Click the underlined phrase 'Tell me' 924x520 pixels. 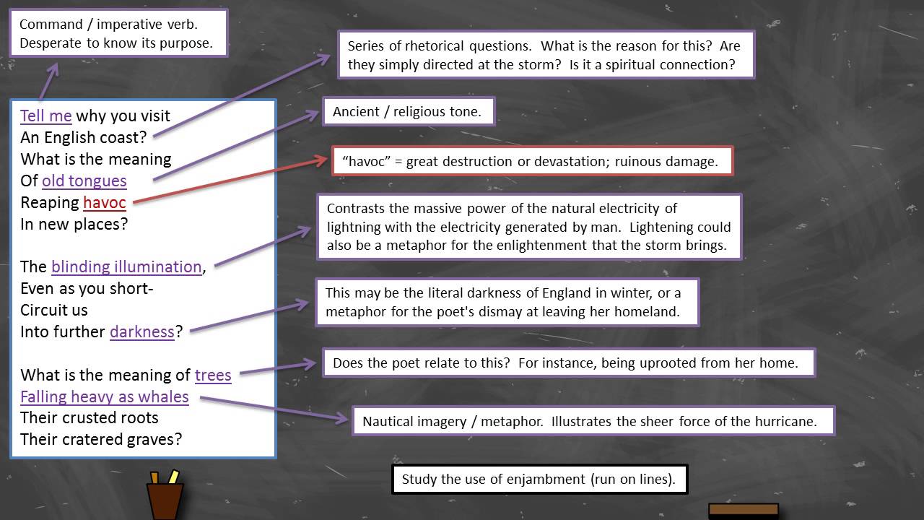(45, 116)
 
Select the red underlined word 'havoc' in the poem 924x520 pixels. (104, 203)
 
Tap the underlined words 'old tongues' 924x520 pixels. (84, 181)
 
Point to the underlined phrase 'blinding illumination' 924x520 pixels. (126, 267)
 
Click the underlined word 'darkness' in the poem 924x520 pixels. (142, 332)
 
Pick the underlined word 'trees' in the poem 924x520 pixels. (213, 376)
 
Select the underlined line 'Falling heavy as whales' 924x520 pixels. (105, 397)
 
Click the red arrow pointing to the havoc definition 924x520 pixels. (231, 181)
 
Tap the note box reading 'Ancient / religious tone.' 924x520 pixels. (409, 112)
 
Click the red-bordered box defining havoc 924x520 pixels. (532, 161)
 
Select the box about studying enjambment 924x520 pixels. (539, 480)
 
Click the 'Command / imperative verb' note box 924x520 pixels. (118, 33)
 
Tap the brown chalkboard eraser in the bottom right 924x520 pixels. (743, 511)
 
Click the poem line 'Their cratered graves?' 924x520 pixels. (101, 439)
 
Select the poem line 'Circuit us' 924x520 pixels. (54, 311)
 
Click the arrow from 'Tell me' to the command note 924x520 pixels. (49, 81)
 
